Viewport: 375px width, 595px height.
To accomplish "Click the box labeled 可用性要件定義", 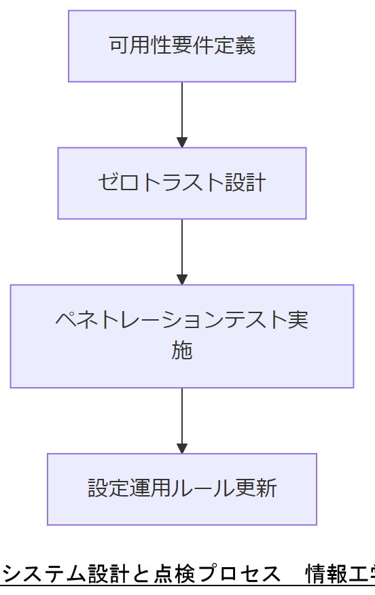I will (x=182, y=46).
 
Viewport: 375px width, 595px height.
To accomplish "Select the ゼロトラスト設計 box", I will (x=182, y=183).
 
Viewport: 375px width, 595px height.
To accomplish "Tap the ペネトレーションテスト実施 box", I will (x=182, y=336).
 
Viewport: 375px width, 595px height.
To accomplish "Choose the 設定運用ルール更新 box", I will (x=182, y=489).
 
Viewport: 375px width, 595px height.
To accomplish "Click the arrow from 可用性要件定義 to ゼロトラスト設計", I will (x=182, y=112).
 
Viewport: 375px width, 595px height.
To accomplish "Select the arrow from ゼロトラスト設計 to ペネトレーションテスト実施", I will (x=182, y=250).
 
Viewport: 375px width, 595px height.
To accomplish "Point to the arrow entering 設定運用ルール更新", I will (x=182, y=419).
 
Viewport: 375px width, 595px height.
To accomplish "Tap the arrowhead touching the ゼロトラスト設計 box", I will (x=182, y=143).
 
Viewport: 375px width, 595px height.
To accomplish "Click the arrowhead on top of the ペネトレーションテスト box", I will (x=182, y=280).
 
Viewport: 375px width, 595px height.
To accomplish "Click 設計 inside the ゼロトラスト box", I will (x=245, y=183).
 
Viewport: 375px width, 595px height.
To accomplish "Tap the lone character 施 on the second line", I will (x=182, y=351).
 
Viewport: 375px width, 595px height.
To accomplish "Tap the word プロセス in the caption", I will (x=237, y=575).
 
